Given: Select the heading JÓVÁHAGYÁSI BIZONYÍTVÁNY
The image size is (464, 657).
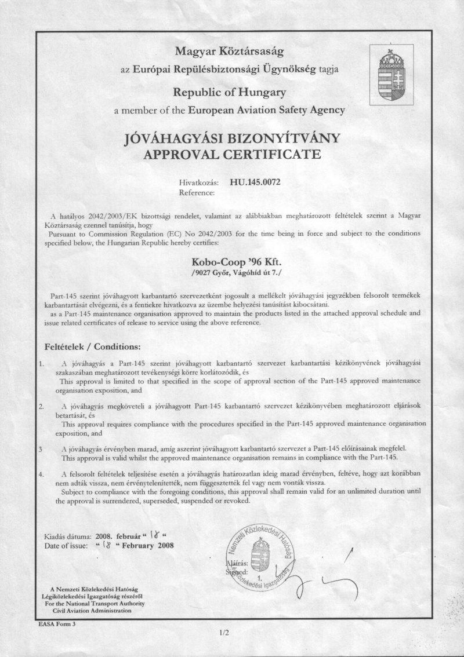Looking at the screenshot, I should (x=231, y=140).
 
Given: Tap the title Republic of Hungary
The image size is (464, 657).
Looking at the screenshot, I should (x=231, y=91).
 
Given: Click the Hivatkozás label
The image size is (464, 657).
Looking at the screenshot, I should (x=199, y=181).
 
